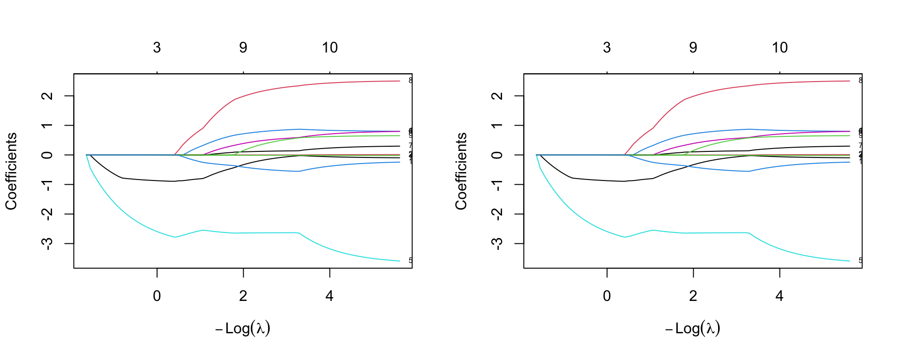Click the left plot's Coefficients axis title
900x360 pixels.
click(11, 171)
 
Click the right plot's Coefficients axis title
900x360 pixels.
click(461, 171)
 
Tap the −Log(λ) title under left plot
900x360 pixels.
click(243, 328)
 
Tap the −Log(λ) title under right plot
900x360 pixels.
click(693, 328)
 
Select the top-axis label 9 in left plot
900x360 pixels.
click(243, 47)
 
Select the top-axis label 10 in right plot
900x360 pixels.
click(780, 47)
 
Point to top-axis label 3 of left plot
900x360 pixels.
click(157, 47)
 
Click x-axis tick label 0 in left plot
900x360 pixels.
click(157, 296)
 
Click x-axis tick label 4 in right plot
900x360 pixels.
click(780, 296)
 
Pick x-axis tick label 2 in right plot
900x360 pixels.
click(693, 296)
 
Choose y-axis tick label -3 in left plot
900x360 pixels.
click(47, 243)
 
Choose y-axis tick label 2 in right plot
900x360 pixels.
click(497, 96)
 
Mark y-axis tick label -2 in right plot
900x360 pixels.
click(497, 214)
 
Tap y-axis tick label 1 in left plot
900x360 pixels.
click(47, 125)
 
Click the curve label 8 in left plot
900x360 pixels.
click(410, 81)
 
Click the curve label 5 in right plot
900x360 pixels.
click(860, 261)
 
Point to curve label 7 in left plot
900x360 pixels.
click(410, 146)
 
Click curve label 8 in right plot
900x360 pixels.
click(860, 81)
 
